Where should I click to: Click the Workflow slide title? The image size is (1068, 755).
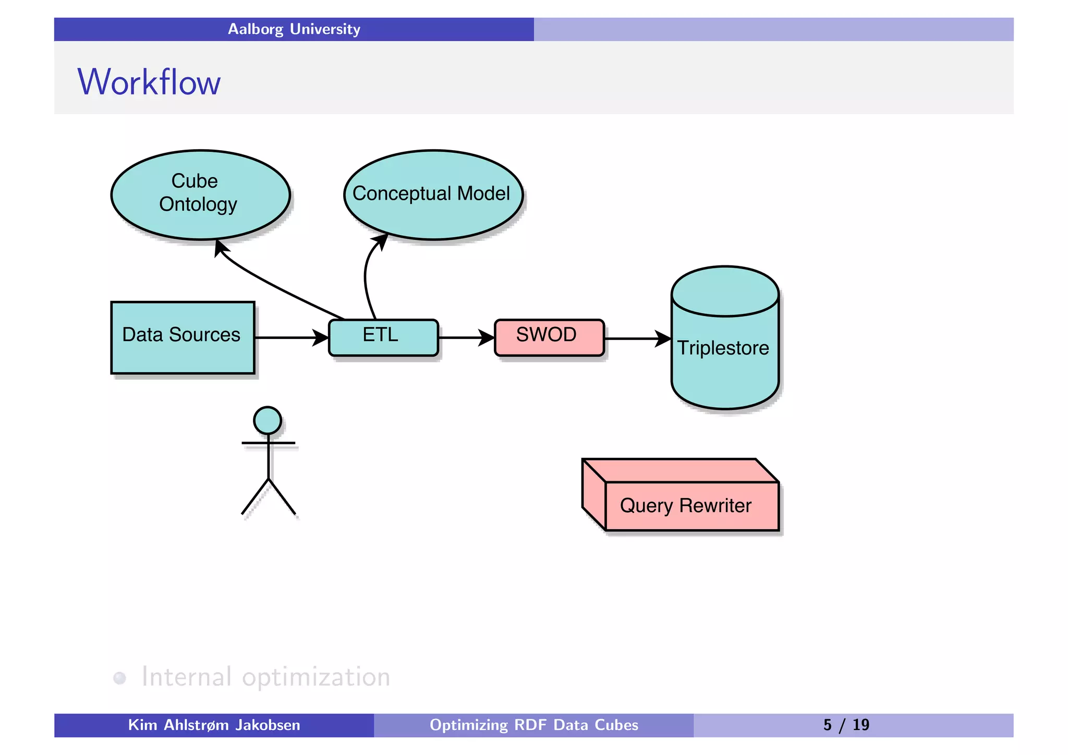pyautogui.click(x=149, y=82)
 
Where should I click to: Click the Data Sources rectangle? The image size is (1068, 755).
pyautogui.click(x=183, y=337)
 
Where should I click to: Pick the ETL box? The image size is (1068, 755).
pyautogui.click(x=383, y=337)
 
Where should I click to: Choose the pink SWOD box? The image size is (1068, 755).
pyautogui.click(x=549, y=337)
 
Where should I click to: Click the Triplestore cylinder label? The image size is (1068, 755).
pyautogui.click(x=724, y=348)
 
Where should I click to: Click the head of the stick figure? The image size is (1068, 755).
pyautogui.click(x=268, y=420)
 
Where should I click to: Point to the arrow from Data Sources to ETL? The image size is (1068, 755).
pyautogui.click(x=290, y=338)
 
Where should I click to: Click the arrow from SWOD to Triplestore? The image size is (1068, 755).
pyautogui.click(x=636, y=339)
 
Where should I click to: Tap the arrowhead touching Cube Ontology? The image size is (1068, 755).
pyautogui.click(x=221, y=247)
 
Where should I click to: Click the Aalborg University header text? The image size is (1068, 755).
pyautogui.click(x=294, y=29)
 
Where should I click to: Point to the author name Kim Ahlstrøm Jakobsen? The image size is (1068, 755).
pyautogui.click(x=214, y=725)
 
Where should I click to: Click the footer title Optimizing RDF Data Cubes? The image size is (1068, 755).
pyautogui.click(x=533, y=725)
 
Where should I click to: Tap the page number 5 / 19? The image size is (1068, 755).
pyautogui.click(x=846, y=725)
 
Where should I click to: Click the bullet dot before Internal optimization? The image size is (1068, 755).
pyautogui.click(x=120, y=678)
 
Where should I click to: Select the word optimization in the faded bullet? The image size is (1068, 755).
pyautogui.click(x=316, y=677)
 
